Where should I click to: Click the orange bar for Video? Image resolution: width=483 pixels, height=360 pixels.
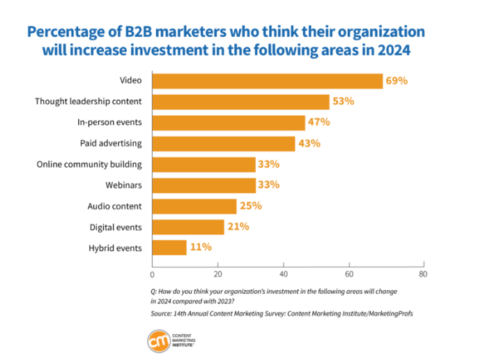[267, 81]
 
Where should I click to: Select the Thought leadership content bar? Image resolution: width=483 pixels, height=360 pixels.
[240, 102]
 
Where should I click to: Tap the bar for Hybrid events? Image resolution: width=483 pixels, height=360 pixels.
[169, 248]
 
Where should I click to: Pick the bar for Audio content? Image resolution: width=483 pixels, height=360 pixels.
[194, 206]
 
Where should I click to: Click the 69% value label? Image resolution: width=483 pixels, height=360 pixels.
[397, 81]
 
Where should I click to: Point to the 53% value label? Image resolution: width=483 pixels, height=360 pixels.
[343, 102]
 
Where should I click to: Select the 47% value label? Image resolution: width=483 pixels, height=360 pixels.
[319, 123]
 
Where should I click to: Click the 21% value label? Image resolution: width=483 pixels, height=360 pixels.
[238, 227]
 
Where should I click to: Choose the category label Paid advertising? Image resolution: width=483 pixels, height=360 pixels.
[111, 144]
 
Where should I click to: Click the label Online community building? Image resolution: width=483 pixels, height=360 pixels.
[89, 165]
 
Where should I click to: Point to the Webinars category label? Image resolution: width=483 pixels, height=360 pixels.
[123, 185]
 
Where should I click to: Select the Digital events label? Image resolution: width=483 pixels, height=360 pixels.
[116, 227]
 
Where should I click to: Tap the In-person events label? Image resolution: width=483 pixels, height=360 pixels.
[109, 123]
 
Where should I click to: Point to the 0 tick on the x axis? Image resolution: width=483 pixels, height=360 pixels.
[152, 274]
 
